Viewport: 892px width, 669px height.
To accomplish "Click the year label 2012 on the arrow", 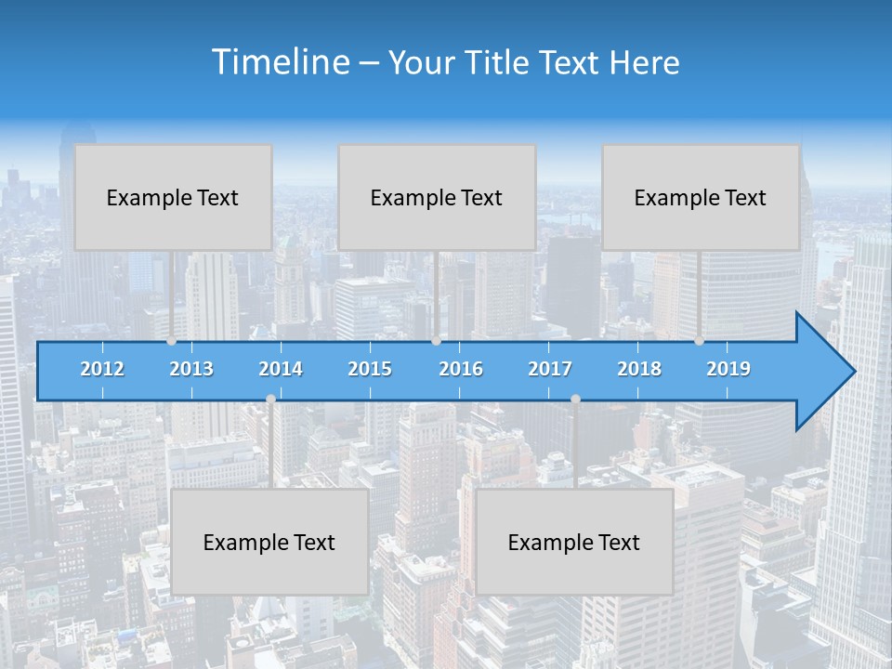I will [102, 369].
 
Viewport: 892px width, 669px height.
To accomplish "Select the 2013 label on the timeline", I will [191, 369].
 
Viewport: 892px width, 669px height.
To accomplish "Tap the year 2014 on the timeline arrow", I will [281, 369].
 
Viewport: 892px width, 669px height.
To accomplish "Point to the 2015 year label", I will [370, 369].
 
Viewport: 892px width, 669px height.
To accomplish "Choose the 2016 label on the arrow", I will [461, 369].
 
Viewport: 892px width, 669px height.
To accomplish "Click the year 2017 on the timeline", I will [550, 369].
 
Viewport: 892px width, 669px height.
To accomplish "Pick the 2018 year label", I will [639, 369].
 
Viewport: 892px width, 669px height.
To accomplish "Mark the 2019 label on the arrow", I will [728, 369].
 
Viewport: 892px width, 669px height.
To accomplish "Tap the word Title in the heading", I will [499, 63].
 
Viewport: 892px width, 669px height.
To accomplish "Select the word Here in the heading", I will [645, 63].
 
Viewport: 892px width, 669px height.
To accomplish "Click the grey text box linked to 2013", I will [173, 197].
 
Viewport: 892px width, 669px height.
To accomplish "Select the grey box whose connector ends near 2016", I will [437, 197].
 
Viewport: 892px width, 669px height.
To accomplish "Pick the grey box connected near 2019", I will [701, 197].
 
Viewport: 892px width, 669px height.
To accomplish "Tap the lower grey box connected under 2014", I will [269, 542].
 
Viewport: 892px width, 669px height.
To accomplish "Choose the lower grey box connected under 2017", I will [574, 542].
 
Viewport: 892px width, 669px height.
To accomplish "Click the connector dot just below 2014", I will [270, 399].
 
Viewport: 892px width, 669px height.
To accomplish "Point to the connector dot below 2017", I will [575, 399].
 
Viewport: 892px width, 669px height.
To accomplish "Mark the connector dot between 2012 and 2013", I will [171, 341].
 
